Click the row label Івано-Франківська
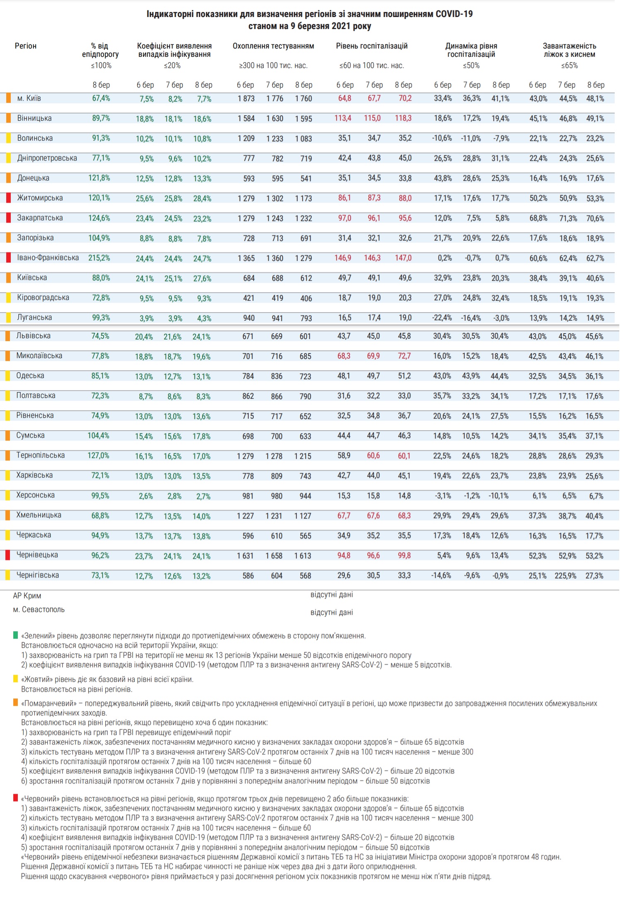pos(48,258)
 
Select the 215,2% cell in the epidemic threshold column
pos(99,258)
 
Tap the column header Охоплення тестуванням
pos(273,46)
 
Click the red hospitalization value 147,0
pos(403,258)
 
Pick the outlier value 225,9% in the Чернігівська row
pos(565,576)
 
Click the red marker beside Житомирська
pos(8,198)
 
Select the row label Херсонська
pos(35,495)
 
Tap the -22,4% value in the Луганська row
pos(442,318)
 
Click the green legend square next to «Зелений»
pos(16,635)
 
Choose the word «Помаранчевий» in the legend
pos(49,703)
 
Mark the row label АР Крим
pos(27,596)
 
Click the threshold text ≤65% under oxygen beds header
pos(569,65)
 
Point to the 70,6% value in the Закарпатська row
pos(595,218)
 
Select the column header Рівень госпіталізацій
pos(371,46)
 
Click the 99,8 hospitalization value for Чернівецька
pos(404,555)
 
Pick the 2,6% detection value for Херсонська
pos(145,496)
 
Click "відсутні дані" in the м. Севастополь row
pos(331,613)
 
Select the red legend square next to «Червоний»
pos(16,798)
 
